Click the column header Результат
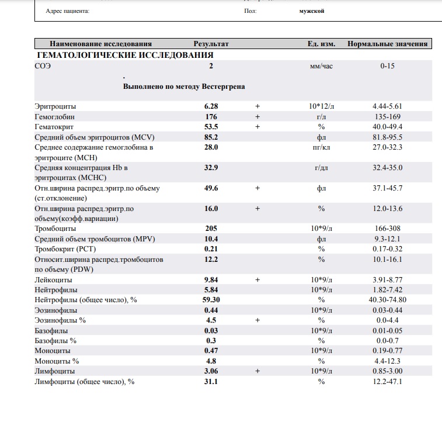pyautogui.click(x=211, y=44)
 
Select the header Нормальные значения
pyautogui.click(x=387, y=44)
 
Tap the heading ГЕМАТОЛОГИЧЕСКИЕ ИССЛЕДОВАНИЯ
pyautogui.click(x=124, y=55)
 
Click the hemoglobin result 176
pyautogui.click(x=211, y=116)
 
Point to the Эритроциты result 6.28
pyautogui.click(x=211, y=106)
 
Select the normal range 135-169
pyautogui.click(x=387, y=116)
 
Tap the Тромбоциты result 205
pyautogui.click(x=211, y=229)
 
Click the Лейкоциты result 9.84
pyautogui.click(x=211, y=280)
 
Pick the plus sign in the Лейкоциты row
pyautogui.click(x=256, y=280)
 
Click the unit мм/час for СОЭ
pyautogui.click(x=321, y=66)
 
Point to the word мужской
pyautogui.click(x=308, y=11)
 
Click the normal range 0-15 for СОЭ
pyautogui.click(x=387, y=66)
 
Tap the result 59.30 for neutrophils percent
pyautogui.click(x=211, y=300)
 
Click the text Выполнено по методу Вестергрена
pyautogui.click(x=183, y=87)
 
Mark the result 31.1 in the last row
pyautogui.click(x=211, y=382)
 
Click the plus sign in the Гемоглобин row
pyautogui.click(x=256, y=116)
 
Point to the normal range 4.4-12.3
pyautogui.click(x=387, y=361)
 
